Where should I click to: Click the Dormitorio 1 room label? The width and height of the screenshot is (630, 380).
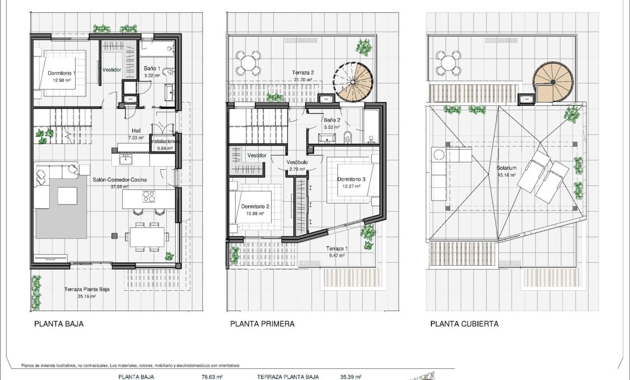pyautogui.click(x=61, y=73)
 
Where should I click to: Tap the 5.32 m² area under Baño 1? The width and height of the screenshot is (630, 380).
pyautogui.click(x=152, y=75)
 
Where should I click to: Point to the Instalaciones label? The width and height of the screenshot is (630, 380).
pyautogui.click(x=165, y=142)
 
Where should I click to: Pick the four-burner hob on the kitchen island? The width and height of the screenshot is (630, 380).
pyautogui.click(x=149, y=196)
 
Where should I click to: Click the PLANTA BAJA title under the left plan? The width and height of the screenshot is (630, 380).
pyautogui.click(x=59, y=323)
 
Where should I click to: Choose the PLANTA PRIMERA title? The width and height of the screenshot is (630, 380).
pyautogui.click(x=262, y=323)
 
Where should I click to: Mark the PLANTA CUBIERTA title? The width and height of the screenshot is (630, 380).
pyautogui.click(x=464, y=323)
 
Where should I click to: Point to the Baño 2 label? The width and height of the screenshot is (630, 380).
pyautogui.click(x=332, y=120)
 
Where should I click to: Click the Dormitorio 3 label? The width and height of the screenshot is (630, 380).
pyautogui.click(x=351, y=179)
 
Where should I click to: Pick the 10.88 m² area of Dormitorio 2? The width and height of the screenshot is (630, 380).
pyautogui.click(x=255, y=213)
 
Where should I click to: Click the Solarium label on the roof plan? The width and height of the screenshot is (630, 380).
pyautogui.click(x=506, y=168)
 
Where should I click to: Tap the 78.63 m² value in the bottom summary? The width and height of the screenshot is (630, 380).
pyautogui.click(x=212, y=377)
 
